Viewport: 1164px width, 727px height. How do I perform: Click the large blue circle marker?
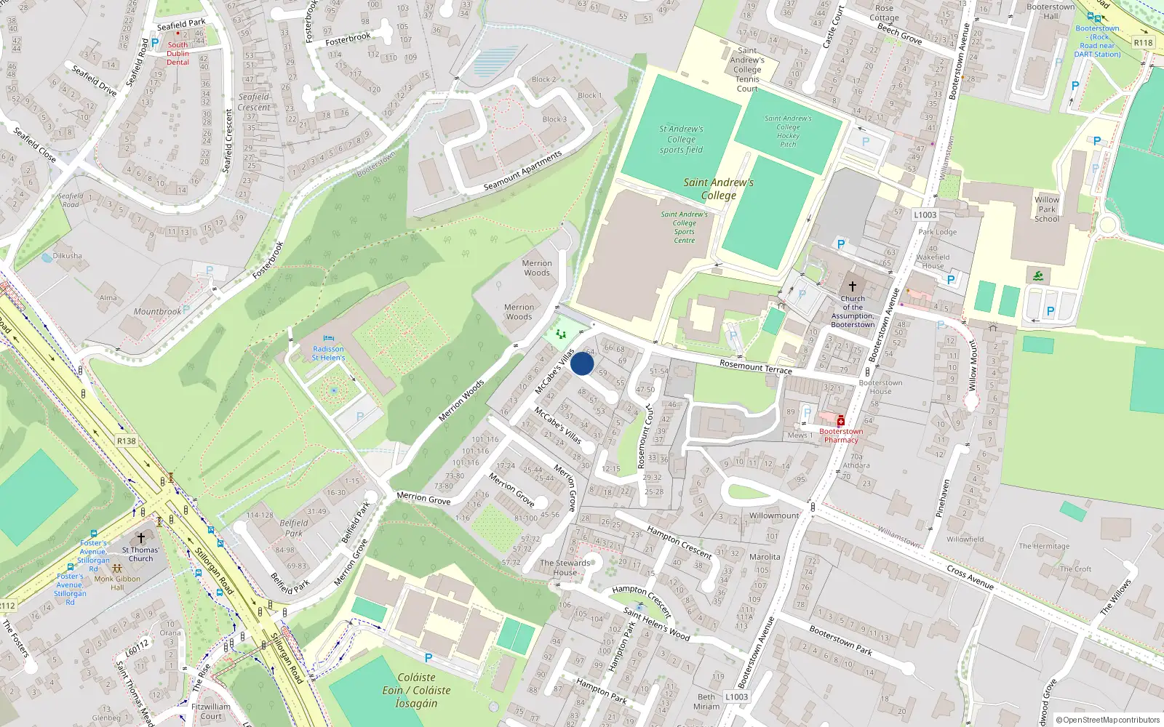pos(582,363)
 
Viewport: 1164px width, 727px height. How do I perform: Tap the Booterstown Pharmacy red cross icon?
pos(841,421)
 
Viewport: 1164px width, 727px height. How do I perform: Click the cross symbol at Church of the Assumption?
pos(853,286)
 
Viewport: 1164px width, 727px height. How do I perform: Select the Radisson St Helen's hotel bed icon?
pos(328,339)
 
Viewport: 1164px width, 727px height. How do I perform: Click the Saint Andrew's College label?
pos(718,189)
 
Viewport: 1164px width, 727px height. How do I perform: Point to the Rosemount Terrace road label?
pos(755,366)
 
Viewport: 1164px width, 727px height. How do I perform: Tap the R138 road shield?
pos(127,441)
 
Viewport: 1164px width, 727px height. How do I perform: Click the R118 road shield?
pos(1143,43)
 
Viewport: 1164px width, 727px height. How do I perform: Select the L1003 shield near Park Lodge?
pos(925,215)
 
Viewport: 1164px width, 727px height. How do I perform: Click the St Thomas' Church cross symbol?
pos(141,538)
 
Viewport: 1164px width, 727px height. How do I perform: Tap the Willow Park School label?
pos(1047,209)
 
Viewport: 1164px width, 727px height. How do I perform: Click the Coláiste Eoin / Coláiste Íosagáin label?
pos(416,691)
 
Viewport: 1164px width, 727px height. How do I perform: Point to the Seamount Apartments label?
pos(523,172)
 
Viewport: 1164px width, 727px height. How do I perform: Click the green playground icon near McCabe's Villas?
pos(561,334)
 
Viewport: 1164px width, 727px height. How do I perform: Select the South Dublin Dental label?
pos(178,53)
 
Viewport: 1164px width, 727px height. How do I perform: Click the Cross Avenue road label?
pos(970,577)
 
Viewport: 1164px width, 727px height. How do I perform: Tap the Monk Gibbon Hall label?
pos(117,583)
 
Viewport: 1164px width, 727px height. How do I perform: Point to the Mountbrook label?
pos(157,312)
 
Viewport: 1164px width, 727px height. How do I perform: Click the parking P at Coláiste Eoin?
pos(428,658)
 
